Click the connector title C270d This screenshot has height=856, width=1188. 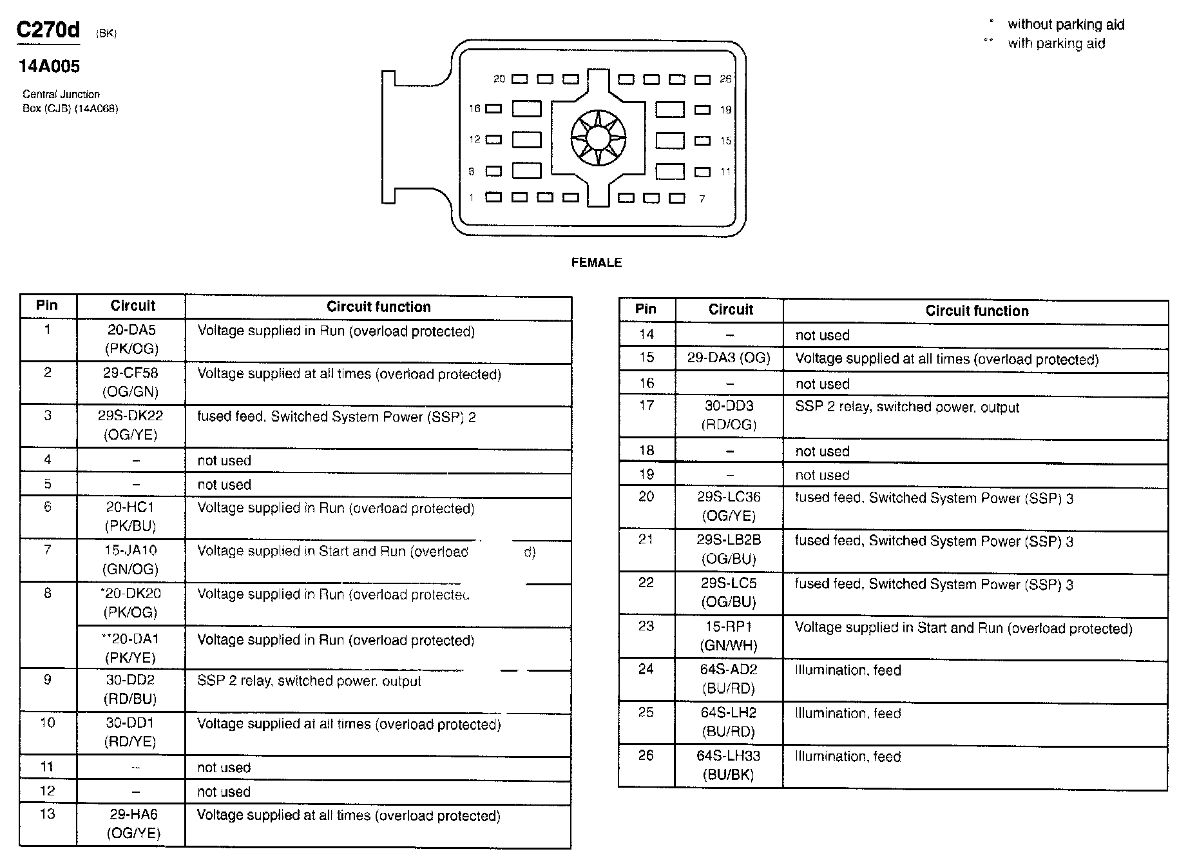[48, 30]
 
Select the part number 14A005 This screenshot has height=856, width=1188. [49, 66]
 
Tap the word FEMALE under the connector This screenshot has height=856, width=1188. [596, 262]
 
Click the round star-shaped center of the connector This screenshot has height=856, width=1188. [598, 137]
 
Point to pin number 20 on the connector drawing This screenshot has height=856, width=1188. [499, 79]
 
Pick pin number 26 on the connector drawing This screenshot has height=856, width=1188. [725, 79]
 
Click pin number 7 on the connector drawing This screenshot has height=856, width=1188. [702, 199]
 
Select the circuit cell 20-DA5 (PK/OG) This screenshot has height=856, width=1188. [131, 340]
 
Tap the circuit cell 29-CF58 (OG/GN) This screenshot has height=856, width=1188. [131, 382]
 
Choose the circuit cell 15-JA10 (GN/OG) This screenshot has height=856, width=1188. [131, 559]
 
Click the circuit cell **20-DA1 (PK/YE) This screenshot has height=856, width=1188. [131, 648]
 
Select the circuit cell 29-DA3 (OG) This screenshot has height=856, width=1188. [729, 358]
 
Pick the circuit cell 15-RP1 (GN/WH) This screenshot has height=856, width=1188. [729, 636]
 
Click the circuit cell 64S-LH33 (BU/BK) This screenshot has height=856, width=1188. [729, 765]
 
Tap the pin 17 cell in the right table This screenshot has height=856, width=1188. [646, 405]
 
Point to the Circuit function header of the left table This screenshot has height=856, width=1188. [378, 307]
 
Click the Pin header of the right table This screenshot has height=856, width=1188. [646, 309]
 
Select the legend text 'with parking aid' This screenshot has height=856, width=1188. [1056, 44]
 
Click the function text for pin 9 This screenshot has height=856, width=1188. [309, 681]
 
